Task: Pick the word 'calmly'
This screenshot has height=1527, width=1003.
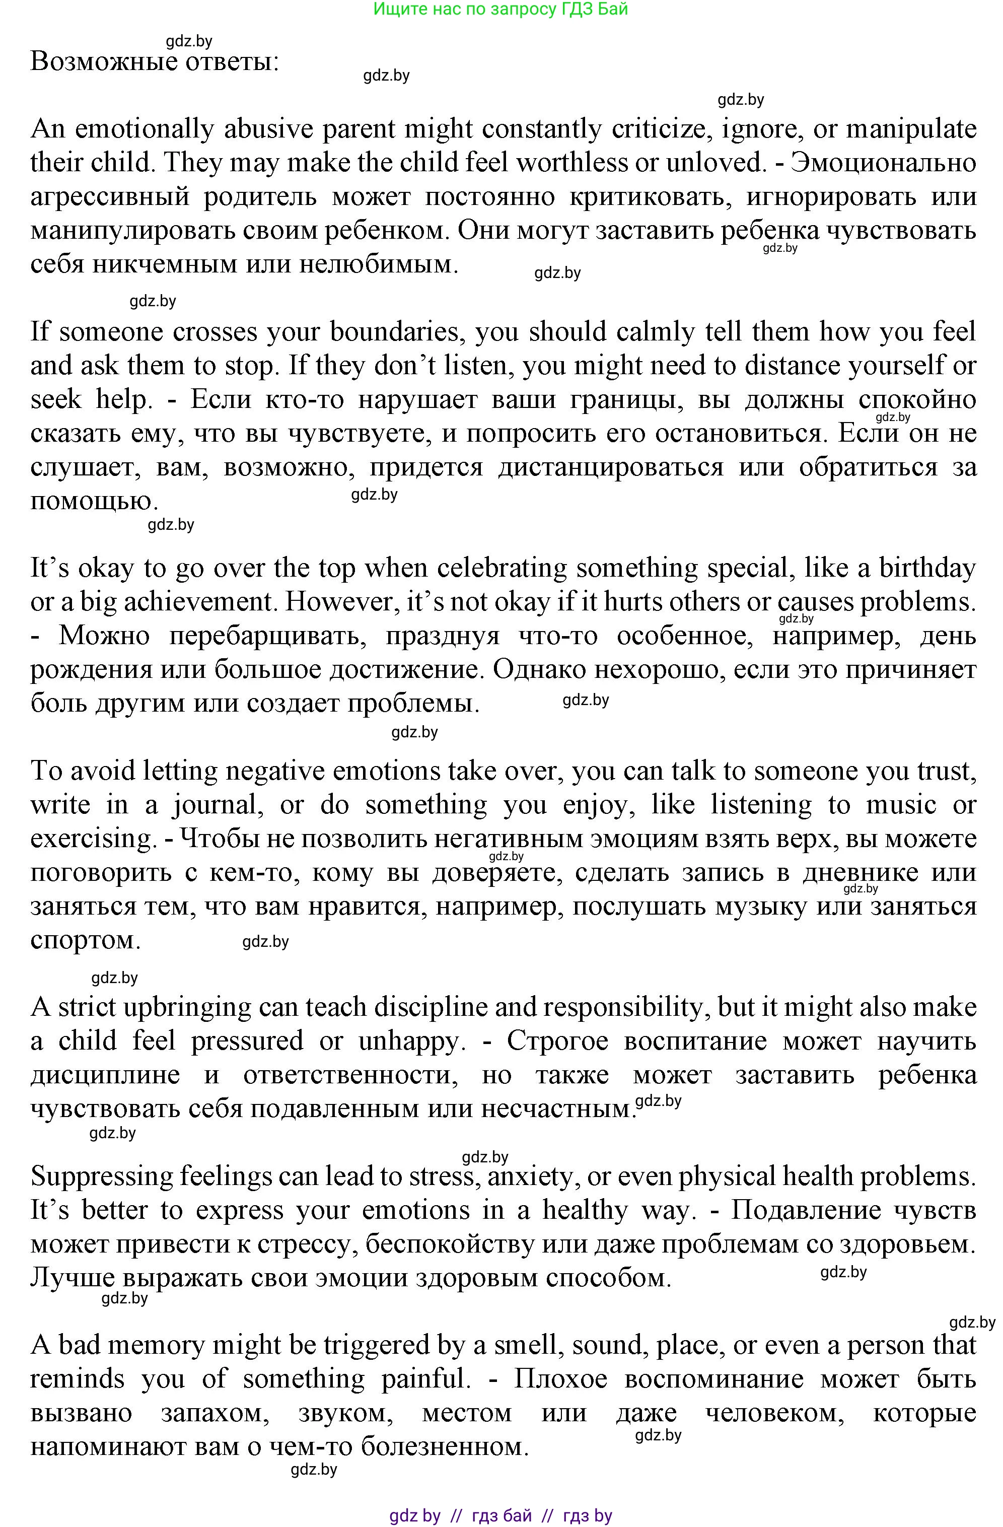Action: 656,332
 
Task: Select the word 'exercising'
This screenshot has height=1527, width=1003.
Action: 92,839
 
